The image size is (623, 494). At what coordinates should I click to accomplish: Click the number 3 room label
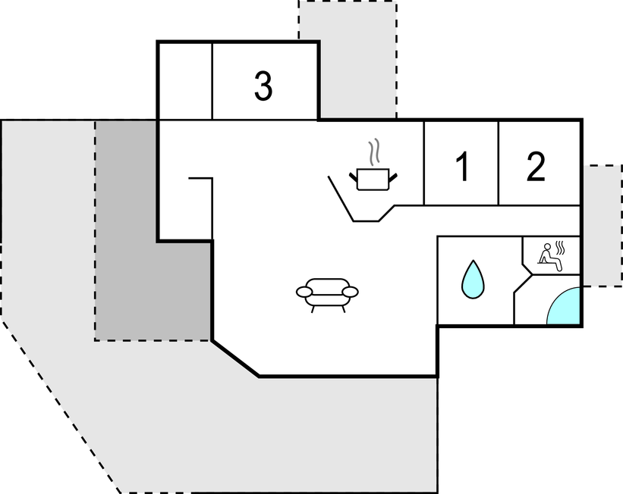pos(263,87)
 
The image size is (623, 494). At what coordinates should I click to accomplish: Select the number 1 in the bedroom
pos(461,167)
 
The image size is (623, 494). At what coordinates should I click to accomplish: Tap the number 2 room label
pos(536,167)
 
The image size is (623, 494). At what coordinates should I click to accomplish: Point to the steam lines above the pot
pos(373,153)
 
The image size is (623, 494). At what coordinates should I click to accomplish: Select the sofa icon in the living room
pos(327,292)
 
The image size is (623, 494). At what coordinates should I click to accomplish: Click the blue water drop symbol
pos(473,280)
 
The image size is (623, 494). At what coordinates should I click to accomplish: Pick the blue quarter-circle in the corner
pos(565,308)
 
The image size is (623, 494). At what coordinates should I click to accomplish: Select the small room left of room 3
pos(184,80)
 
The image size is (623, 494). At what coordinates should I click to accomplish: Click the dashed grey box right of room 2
pos(603,226)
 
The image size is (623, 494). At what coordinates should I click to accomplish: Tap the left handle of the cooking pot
pos(354,177)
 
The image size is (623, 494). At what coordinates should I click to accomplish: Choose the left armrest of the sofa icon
pos(304,292)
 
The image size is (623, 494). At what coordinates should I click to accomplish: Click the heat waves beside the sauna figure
pos(559,248)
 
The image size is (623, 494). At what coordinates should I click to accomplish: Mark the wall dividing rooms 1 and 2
pos(499,163)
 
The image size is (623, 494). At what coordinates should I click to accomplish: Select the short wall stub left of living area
pos(200,178)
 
